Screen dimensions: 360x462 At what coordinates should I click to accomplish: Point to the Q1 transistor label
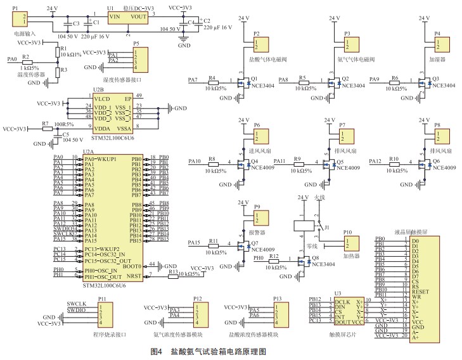coord(254,79)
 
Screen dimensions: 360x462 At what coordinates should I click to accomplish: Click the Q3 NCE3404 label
coord(444,85)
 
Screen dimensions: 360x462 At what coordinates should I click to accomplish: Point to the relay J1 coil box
coord(301,226)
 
